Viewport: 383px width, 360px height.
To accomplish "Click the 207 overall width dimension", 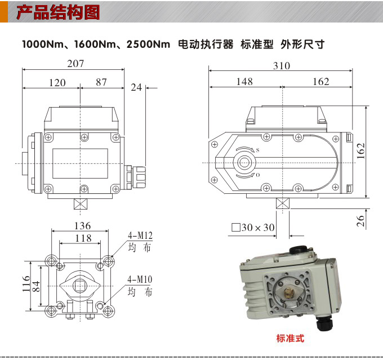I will coord(75,64).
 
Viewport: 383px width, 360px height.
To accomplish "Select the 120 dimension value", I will coord(57,83).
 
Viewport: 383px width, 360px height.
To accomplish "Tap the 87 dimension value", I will coord(101,82).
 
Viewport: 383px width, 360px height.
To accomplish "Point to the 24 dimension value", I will coord(136,87).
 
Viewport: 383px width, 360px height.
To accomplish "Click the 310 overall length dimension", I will coord(282,66).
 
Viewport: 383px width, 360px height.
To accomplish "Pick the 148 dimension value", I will coord(244,82).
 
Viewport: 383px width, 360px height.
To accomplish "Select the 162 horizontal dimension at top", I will coord(320,82).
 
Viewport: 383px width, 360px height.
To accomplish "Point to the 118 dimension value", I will coord(83,238).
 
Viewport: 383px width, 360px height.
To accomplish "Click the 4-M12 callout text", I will coord(140,236).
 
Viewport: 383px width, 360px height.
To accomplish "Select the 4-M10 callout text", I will coord(140,280).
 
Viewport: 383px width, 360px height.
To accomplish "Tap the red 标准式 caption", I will coord(290,339).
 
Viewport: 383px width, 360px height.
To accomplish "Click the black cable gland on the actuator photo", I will coord(325,325).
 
